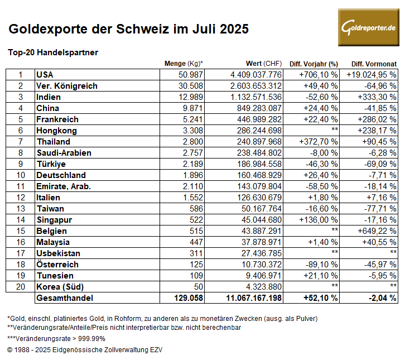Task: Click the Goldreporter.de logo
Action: pyautogui.click(x=369, y=27)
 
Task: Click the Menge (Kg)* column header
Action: pyautogui.click(x=184, y=64)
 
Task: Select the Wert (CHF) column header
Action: pyautogui.click(x=264, y=64)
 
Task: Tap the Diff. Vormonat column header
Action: pyautogui.click(x=374, y=64)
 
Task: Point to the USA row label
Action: pyautogui.click(x=45, y=75)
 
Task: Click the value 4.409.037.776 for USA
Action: pyautogui.click(x=256, y=75)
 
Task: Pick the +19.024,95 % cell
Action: pyautogui.click(x=372, y=75)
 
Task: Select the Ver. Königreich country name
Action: pyautogui.click(x=67, y=86)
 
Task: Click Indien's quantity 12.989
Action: pyautogui.click(x=191, y=97)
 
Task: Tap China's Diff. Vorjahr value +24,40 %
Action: pyautogui.click(x=321, y=108)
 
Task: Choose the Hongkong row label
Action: pyautogui.click(x=56, y=131)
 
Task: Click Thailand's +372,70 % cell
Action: pyautogui.click(x=319, y=142)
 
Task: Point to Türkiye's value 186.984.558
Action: pyautogui.click(x=259, y=164)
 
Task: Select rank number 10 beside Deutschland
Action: pyautogui.click(x=21, y=175)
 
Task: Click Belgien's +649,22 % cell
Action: pyautogui.click(x=377, y=231)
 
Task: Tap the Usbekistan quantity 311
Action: pyautogui.click(x=196, y=253)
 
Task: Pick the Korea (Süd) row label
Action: pyautogui.click(x=60, y=286)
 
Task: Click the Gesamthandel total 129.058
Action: pyautogui.click(x=189, y=297)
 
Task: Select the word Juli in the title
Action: pyautogui.click(x=204, y=28)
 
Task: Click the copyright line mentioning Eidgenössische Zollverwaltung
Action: pyautogui.click(x=85, y=350)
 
